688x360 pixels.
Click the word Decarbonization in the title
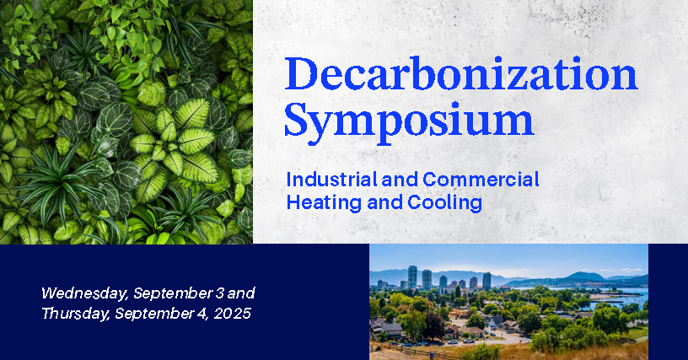pyautogui.click(x=461, y=73)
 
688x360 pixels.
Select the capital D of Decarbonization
pyautogui.click(x=301, y=73)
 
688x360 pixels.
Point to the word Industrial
pyautogui.click(x=331, y=180)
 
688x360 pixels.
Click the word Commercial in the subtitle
pyautogui.click(x=481, y=180)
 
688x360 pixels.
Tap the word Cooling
pyautogui.click(x=445, y=202)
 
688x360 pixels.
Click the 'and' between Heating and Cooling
pyautogui.click(x=384, y=202)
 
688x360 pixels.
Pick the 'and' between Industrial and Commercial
pyautogui.click(x=400, y=180)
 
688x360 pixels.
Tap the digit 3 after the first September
pyautogui.click(x=219, y=293)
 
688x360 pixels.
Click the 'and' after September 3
pyautogui.click(x=241, y=293)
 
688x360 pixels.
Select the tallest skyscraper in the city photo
pyautogui.click(x=412, y=277)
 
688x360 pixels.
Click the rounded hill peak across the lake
pyautogui.click(x=585, y=276)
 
